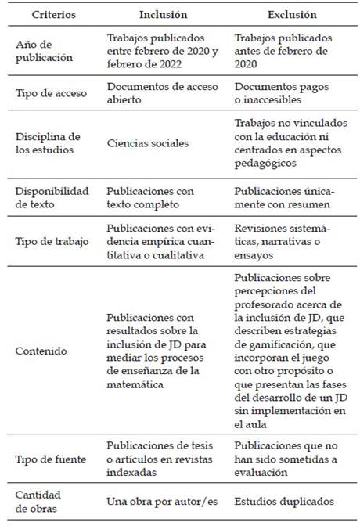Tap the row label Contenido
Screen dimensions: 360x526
pyautogui.click(x=40, y=350)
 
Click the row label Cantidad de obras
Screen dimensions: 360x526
pyautogui.click(x=39, y=499)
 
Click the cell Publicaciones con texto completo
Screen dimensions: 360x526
pyautogui.click(x=151, y=197)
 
